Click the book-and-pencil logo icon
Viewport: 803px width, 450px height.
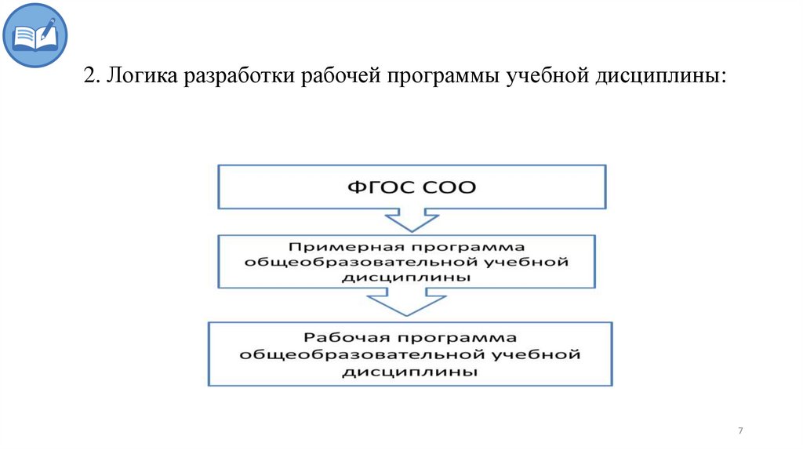(x=35, y=35)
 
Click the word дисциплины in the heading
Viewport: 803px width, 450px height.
(x=662, y=78)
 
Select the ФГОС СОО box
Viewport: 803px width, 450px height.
(x=411, y=187)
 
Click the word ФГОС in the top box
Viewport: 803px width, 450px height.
(x=378, y=187)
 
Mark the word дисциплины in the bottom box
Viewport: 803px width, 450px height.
(x=409, y=371)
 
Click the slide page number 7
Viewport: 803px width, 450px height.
(x=740, y=431)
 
